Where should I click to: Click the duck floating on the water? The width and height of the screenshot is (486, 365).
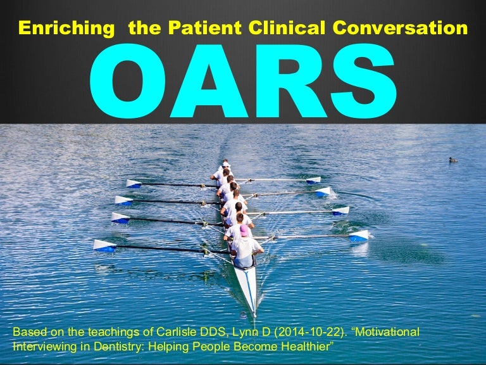(x=453, y=160)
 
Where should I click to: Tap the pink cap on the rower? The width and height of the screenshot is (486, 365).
(x=244, y=231)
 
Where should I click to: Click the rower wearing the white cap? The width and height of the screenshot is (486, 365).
(x=225, y=164)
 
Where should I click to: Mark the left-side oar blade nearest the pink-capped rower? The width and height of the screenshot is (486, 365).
(x=105, y=245)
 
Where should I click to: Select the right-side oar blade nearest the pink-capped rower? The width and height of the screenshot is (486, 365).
(x=359, y=236)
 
